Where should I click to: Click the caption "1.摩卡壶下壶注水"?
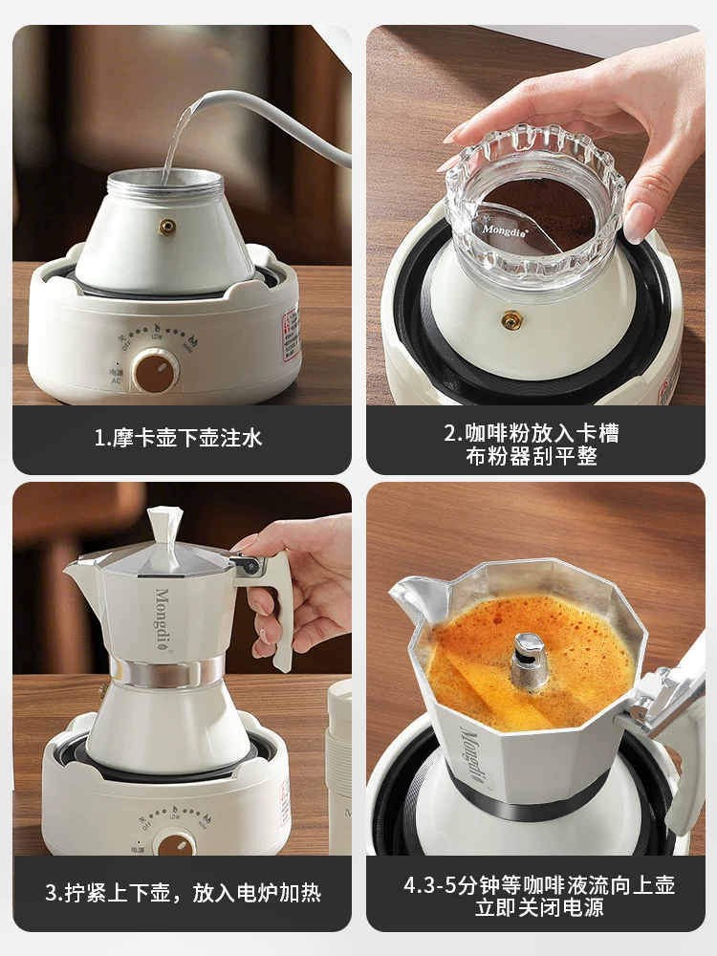click(178, 439)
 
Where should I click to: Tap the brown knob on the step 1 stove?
click(155, 371)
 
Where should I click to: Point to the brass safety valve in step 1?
click(168, 227)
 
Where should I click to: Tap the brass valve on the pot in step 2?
click(511, 320)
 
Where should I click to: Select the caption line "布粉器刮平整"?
click(533, 457)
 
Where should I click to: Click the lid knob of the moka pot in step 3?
click(164, 527)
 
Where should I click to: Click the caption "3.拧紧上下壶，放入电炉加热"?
click(182, 894)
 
